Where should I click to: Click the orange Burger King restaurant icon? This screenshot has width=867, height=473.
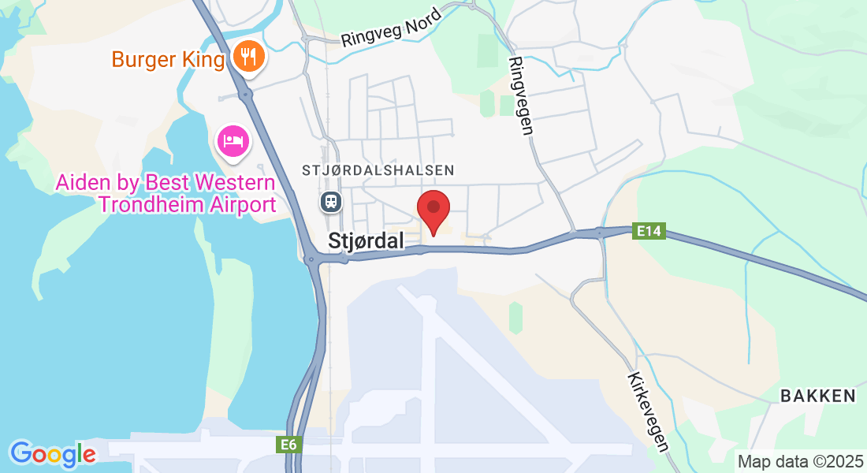248,58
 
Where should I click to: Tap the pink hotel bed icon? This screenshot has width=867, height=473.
233,142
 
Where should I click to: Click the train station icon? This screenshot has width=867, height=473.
330,202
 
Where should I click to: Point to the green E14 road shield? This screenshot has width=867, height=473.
649,231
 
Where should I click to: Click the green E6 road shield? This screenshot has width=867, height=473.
289,445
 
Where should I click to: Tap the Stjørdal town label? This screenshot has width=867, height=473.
367,240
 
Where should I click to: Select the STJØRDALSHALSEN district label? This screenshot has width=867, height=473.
378,170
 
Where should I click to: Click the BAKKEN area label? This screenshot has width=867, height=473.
817,396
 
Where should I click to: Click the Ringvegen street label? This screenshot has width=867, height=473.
521,95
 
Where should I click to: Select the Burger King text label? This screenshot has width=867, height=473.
168,59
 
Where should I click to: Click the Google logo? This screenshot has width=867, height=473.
53,454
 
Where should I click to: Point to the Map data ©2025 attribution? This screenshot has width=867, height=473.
799,461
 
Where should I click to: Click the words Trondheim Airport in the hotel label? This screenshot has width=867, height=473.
187,205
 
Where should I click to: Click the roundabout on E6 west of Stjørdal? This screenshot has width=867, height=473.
313,259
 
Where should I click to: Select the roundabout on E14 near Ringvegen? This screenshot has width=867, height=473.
599,232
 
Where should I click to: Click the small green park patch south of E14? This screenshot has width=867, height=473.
515,317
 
